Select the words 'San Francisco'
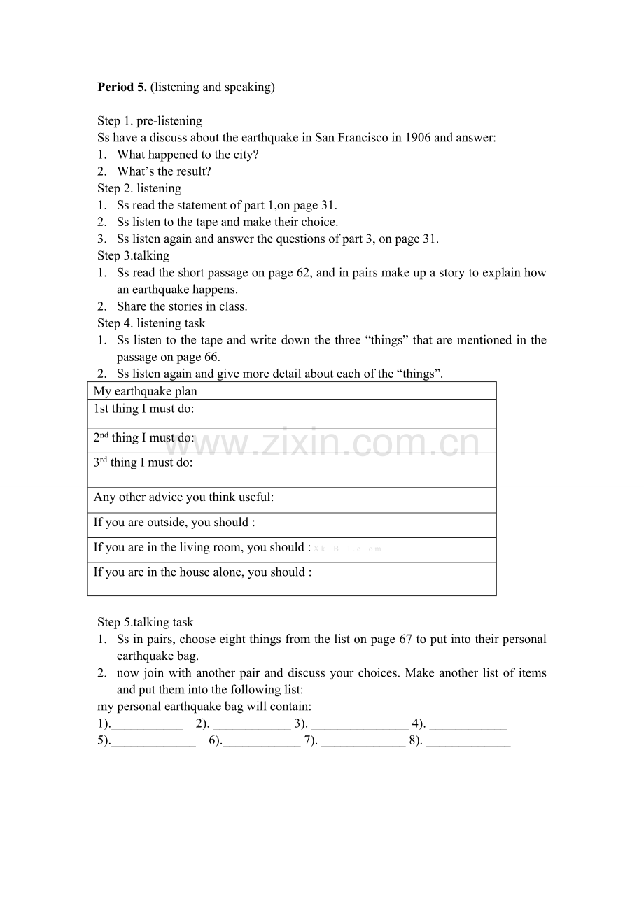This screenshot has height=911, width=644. coord(351,138)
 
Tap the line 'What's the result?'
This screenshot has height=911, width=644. coord(164,171)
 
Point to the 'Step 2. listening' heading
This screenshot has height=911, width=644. coord(139,188)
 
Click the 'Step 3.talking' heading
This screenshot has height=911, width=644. coord(133,255)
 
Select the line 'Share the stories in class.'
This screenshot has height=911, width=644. coord(182,306)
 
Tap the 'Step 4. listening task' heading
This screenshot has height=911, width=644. coord(151,323)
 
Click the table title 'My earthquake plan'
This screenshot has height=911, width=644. coord(146,391)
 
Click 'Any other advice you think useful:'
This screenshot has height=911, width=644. coord(184,497)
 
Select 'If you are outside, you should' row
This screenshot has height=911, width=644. coord(174,523)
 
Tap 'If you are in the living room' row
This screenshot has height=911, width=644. coord(202,548)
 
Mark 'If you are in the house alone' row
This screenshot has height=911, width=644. coord(202,572)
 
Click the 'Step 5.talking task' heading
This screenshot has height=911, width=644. coord(146,622)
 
